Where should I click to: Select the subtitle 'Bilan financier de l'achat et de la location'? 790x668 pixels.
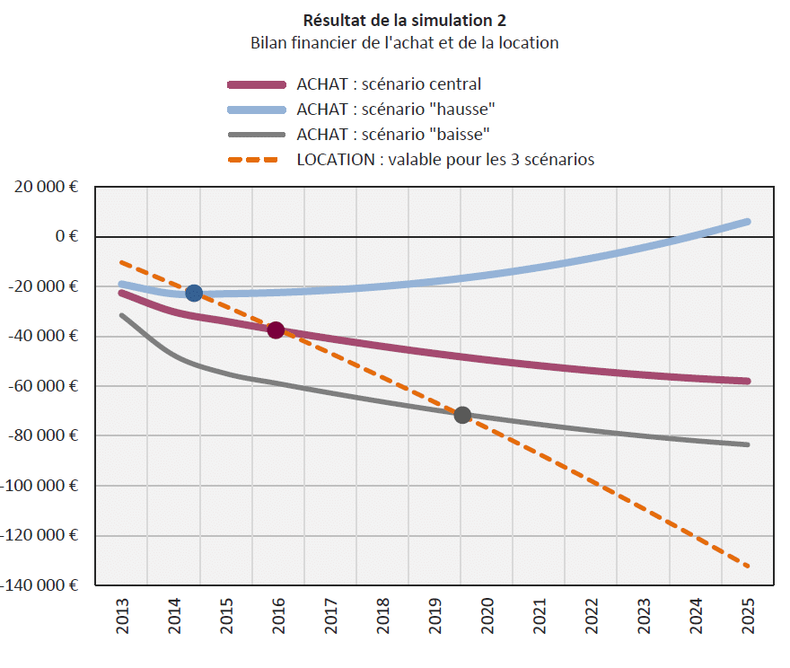click(x=404, y=42)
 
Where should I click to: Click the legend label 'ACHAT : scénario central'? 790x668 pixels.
click(x=389, y=84)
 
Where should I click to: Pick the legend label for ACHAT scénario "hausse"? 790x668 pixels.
click(x=397, y=110)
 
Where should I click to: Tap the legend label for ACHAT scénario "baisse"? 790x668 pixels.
click(x=393, y=135)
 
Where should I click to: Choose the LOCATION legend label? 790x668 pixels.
click(x=445, y=160)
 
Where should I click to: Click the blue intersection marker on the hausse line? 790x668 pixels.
click(x=194, y=294)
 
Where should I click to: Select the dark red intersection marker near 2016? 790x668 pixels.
click(x=276, y=330)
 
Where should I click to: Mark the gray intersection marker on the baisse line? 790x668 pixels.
click(x=462, y=415)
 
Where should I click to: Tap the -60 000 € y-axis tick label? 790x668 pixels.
click(x=44, y=386)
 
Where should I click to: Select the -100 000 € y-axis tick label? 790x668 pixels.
click(x=40, y=486)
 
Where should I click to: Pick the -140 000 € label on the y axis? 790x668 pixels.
click(x=40, y=585)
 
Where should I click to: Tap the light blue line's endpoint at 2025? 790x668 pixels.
click(x=747, y=222)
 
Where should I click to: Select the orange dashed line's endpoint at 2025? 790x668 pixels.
click(x=747, y=566)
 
